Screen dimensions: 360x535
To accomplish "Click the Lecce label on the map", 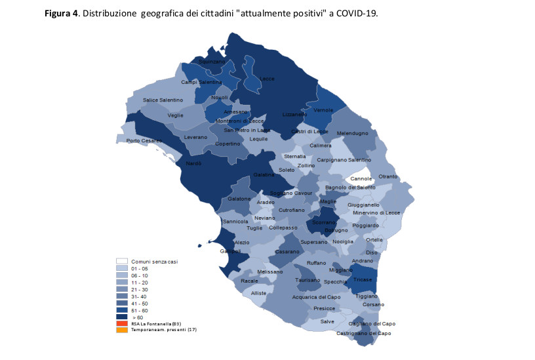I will (267, 79).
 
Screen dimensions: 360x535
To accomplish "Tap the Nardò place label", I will (194, 163).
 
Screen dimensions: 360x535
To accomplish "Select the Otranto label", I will (387, 176).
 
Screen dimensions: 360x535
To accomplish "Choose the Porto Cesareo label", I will (144, 140).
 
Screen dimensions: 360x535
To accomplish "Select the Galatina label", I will (264, 175).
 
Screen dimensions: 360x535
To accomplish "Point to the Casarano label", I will (287, 252).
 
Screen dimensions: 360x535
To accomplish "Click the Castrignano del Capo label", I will (363, 333).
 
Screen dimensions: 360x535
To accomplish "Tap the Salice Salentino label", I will (163, 100).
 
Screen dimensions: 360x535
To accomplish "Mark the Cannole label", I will (361, 178).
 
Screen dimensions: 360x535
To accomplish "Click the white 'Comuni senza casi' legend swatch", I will (122, 261).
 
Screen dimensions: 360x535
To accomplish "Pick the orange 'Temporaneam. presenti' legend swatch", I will (122, 329).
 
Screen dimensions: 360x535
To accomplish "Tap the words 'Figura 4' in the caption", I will (62, 12).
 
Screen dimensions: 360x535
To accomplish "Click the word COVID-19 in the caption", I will (357, 12).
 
